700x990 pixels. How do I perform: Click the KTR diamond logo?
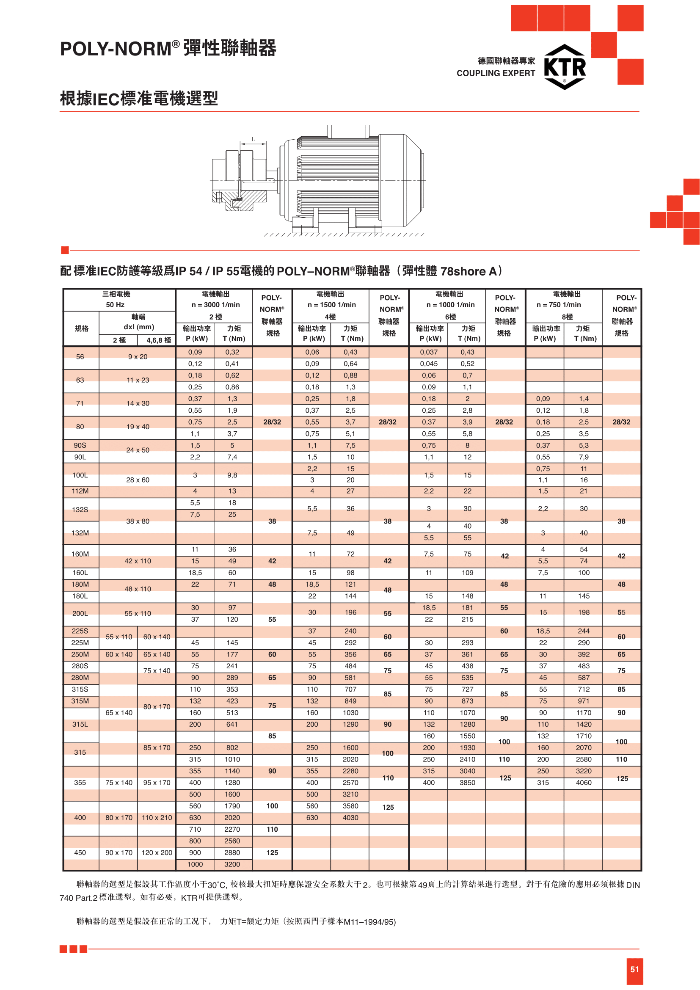[x=565, y=67]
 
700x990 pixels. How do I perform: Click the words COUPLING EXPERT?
[x=496, y=73]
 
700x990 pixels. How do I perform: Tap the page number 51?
[x=634, y=970]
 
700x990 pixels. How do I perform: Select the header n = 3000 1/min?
[x=215, y=305]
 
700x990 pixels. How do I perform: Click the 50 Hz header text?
[x=115, y=305]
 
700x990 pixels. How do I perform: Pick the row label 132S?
[x=80, y=510]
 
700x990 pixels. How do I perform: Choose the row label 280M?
[x=80, y=678]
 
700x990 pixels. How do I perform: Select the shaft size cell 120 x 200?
[x=157, y=852]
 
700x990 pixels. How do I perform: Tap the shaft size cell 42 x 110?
[x=138, y=561]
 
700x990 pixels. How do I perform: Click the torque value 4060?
[x=584, y=783]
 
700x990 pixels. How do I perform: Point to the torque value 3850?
[x=467, y=783]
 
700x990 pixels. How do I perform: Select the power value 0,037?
[x=428, y=352]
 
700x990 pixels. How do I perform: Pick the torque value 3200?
[x=232, y=864]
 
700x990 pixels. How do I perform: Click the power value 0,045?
[x=428, y=364]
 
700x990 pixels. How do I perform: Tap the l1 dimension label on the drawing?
[x=254, y=140]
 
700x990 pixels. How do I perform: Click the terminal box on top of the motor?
[x=348, y=131]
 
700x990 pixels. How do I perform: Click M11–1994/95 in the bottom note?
[x=369, y=922]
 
